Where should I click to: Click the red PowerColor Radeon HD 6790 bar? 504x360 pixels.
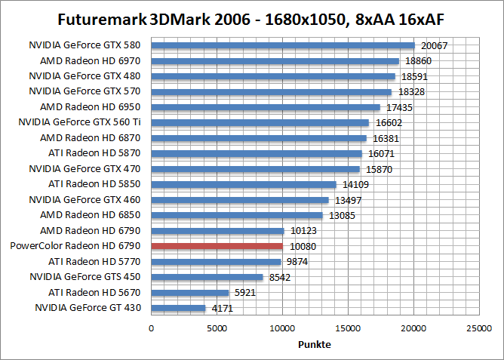217,246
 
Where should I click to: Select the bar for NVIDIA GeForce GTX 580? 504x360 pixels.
283,45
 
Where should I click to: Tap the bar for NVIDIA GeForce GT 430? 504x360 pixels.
179,308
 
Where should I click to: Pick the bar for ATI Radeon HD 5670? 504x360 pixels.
190,292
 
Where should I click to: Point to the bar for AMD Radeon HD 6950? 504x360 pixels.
266,107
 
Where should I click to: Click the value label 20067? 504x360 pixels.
434,46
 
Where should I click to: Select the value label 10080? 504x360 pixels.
301,247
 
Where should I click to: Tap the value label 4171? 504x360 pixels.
223,309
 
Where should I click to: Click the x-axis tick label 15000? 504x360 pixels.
348,328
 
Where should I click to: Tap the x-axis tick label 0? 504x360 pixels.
152,328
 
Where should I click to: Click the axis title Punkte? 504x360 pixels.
315,344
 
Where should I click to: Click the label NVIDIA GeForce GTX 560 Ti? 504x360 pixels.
80,122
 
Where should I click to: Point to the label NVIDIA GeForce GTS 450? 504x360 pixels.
85,277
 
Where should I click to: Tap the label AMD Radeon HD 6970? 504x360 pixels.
91,60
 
